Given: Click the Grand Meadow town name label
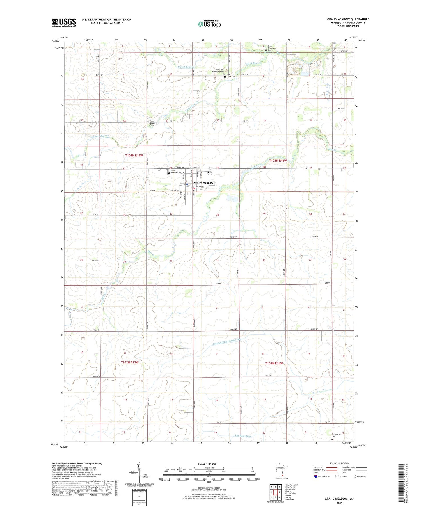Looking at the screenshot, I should pyautogui.click(x=203, y=183).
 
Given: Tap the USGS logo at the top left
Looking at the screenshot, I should pyautogui.click(x=64, y=22).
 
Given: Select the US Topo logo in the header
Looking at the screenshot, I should pyautogui.click(x=209, y=24).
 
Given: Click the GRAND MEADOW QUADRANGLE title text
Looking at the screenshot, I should pyautogui.click(x=348, y=19).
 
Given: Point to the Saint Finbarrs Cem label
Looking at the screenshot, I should pyautogui.click(x=153, y=123).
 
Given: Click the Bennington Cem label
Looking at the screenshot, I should pyautogui.click(x=336, y=435).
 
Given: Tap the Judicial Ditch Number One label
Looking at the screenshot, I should pyautogui.click(x=223, y=342).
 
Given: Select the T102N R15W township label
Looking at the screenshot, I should pyautogui.click(x=130, y=362).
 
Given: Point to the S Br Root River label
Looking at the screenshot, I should pyautogui.click(x=243, y=436).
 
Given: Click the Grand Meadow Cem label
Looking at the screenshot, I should pyautogui.click(x=175, y=172).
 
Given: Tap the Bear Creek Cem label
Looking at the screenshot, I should pyautogui.click(x=231, y=76).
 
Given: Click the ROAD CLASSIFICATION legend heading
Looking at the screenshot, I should pyautogui.click(x=340, y=463).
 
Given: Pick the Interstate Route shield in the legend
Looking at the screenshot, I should pyautogui.click(x=315, y=476).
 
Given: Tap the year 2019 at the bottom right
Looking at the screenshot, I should pyautogui.click(x=339, y=503).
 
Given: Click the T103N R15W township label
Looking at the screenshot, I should pyautogui.click(x=134, y=155).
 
